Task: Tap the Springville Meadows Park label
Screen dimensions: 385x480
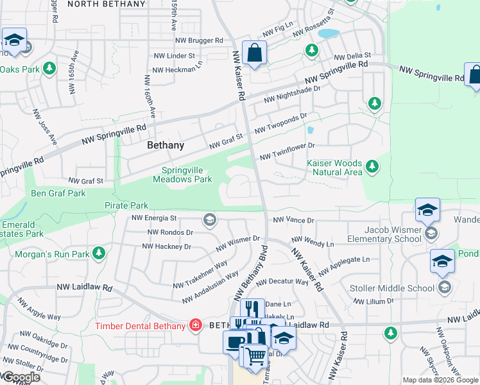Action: point(182,175)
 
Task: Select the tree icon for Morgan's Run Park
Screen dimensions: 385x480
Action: point(99,255)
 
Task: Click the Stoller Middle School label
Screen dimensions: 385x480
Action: point(391,288)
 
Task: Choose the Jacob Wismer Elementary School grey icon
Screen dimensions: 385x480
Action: point(431,233)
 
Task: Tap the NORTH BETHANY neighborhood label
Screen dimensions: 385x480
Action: point(107,4)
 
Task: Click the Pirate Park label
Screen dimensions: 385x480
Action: point(126,205)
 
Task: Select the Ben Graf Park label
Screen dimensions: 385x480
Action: point(58,193)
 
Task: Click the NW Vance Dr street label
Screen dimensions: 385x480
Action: point(293,220)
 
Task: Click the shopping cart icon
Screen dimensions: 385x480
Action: point(255,355)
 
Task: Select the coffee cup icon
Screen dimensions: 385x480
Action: point(234,341)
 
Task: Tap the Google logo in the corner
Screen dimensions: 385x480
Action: point(21,377)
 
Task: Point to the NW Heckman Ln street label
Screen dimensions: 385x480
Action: point(178,64)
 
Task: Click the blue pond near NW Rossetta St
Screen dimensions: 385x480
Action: point(328,33)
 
